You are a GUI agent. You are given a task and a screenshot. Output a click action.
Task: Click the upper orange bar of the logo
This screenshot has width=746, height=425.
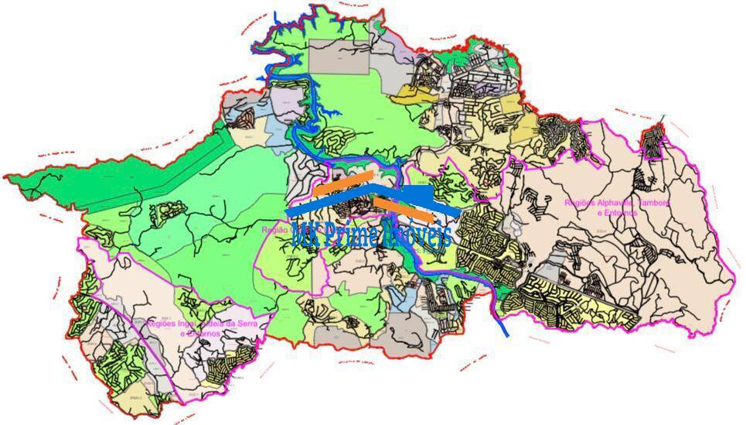click(344, 183)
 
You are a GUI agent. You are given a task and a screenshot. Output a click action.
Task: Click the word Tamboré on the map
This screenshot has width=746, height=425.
click(652, 203)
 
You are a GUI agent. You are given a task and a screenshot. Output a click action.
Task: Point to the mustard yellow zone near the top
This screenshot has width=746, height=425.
click(512, 105)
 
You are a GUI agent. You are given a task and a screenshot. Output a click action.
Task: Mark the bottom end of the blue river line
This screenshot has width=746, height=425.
click(506, 334)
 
